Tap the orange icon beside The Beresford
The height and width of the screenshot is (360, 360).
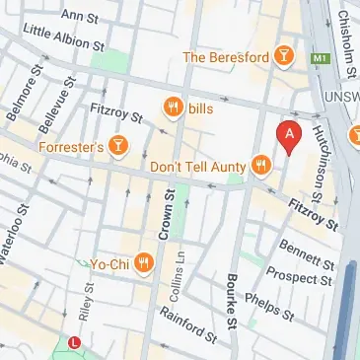click(x=285, y=56)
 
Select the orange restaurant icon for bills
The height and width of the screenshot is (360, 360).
click(x=175, y=107)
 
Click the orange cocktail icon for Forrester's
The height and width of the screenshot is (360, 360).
click(x=119, y=147)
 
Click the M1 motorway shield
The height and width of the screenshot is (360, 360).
click(x=319, y=59)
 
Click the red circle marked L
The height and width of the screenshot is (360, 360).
click(x=76, y=342)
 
